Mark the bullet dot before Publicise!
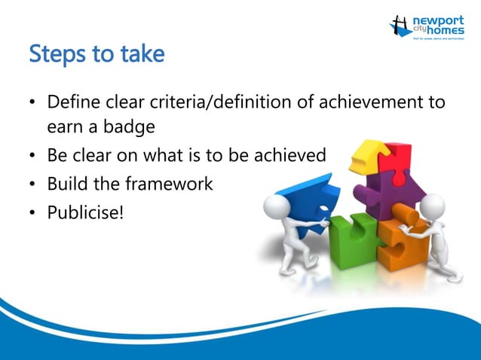pos(32,212)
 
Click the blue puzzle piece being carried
pos(310,197)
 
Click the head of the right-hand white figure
pos(432,204)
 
